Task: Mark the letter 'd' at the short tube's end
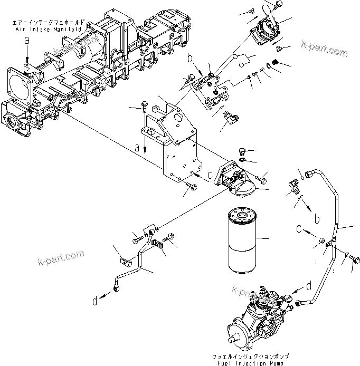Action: point(94,301)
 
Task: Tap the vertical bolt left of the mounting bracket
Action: point(144,108)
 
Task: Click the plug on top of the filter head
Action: point(243,150)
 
